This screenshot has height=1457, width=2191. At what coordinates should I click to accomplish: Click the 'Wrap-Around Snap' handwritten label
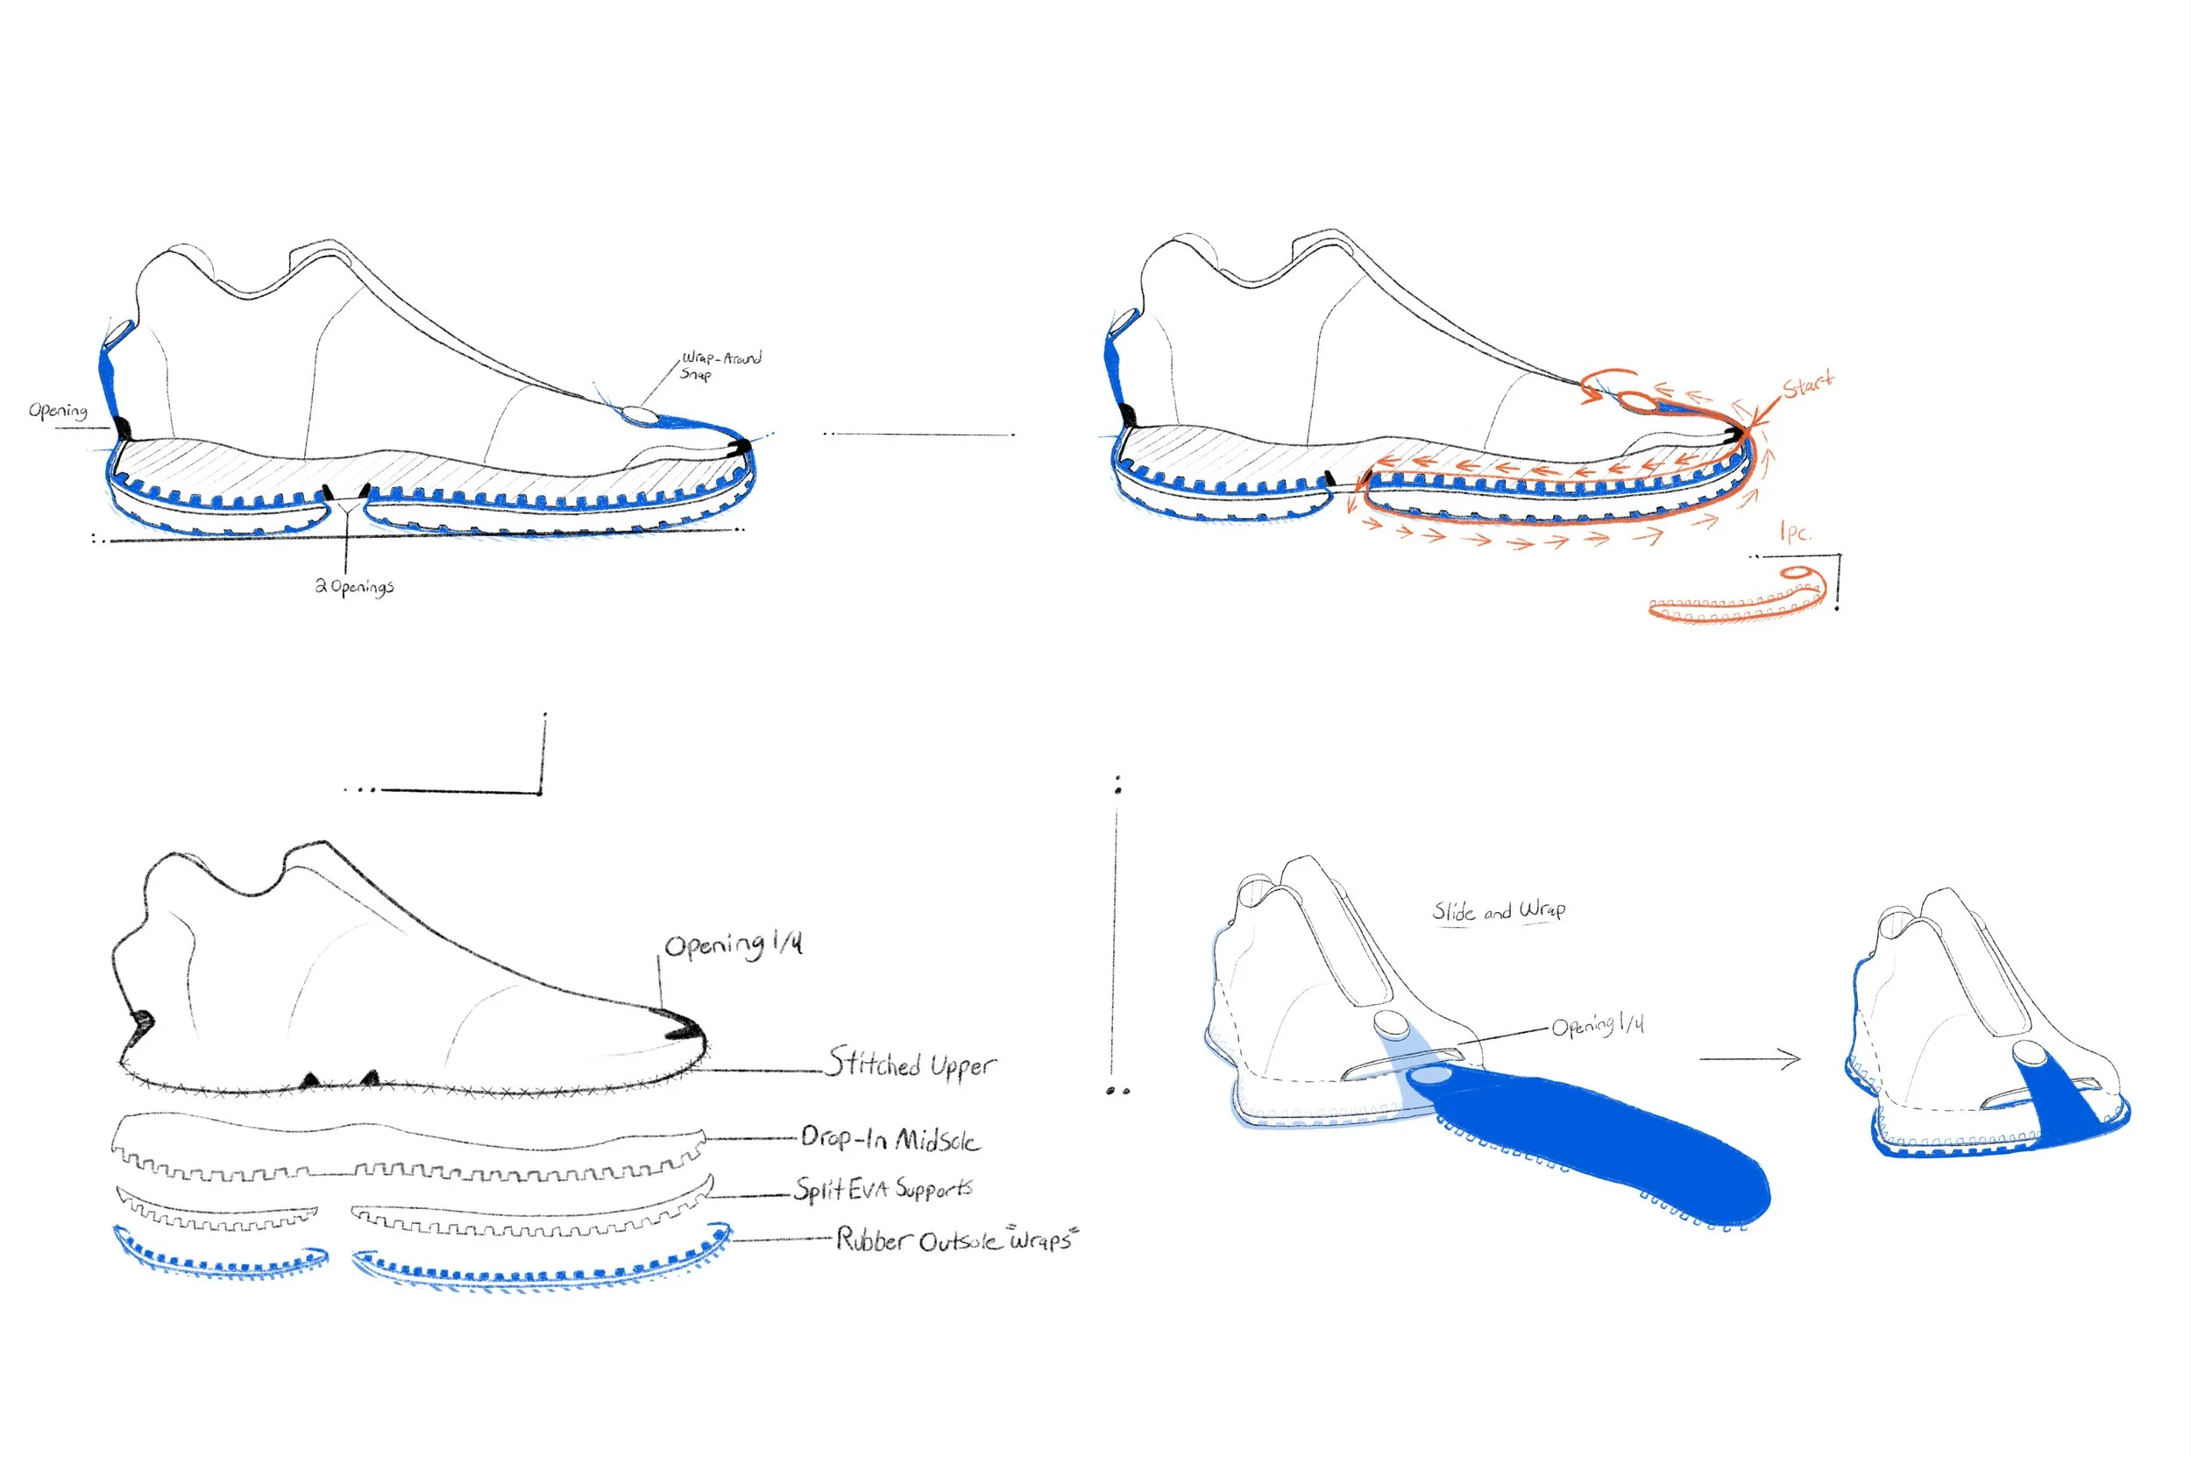pyautogui.click(x=720, y=364)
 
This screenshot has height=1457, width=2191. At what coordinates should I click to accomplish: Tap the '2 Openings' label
pyautogui.click(x=354, y=586)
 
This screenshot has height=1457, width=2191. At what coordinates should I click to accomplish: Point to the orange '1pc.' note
pyautogui.click(x=1794, y=533)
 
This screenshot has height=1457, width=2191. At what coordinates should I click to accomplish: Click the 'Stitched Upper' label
pyautogui.click(x=911, y=1063)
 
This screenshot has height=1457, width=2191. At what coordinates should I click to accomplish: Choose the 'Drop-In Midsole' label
pyautogui.click(x=890, y=1138)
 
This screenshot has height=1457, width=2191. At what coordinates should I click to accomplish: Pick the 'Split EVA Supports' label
pyautogui.click(x=883, y=1188)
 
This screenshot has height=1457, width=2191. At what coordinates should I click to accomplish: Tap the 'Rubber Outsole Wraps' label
pyautogui.click(x=955, y=1240)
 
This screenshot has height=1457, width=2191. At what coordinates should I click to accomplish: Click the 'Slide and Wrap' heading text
pyautogui.click(x=1499, y=910)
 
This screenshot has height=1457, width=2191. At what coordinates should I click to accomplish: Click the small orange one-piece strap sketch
pyautogui.click(x=1736, y=599)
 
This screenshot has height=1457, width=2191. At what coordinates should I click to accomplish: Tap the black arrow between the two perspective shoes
pyautogui.click(x=1749, y=1058)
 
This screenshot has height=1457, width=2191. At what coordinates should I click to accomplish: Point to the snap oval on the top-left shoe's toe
pyautogui.click(x=639, y=414)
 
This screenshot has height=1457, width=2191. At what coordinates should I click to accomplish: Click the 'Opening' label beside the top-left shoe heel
pyautogui.click(x=58, y=411)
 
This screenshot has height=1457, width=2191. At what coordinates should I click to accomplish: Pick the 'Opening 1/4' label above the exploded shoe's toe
pyautogui.click(x=733, y=945)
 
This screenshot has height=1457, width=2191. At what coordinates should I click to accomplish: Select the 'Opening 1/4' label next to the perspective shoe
pyautogui.click(x=1597, y=1026)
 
